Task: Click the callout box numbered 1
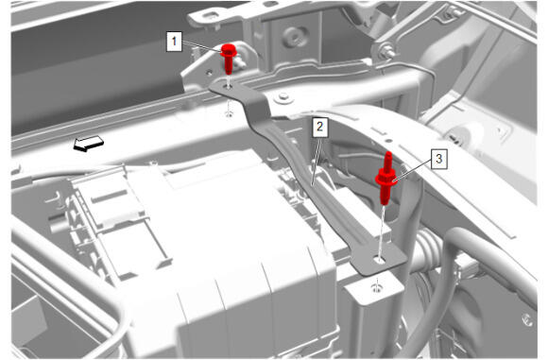coord(174,42)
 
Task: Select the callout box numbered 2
coord(319,127)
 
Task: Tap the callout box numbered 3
coord(438,159)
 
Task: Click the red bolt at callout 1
coord(229,59)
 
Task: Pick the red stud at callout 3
coord(385,178)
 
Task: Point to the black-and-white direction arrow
coord(89,144)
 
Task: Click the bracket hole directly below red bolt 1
coord(229,85)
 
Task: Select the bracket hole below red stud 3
coord(379,260)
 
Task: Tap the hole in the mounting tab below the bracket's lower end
coord(376,288)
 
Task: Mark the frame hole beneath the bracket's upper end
coord(229,112)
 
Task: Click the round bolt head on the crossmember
coord(283,96)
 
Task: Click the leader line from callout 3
coord(412,171)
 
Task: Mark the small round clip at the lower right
coord(526,319)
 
